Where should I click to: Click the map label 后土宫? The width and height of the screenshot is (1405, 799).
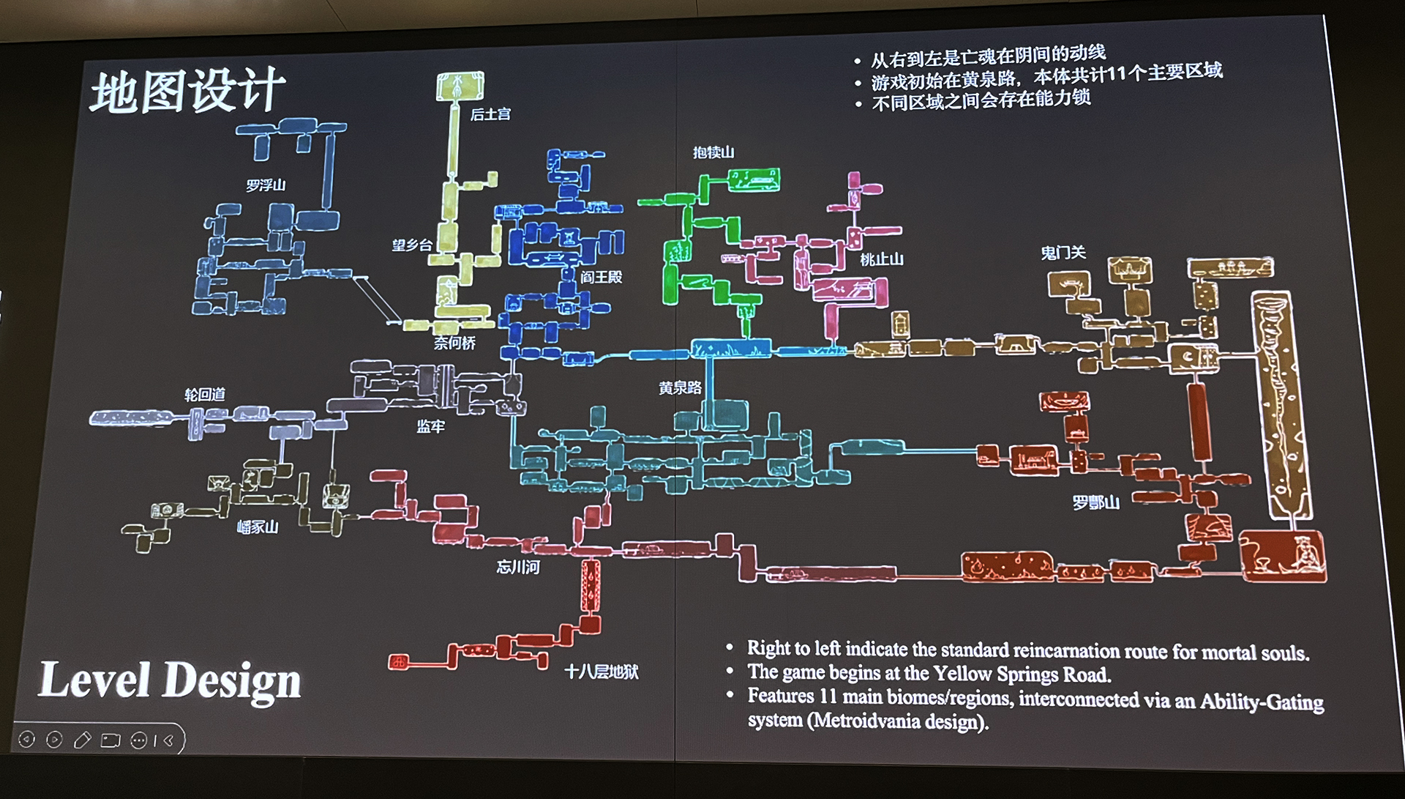click(490, 114)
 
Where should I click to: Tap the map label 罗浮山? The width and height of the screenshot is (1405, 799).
click(266, 185)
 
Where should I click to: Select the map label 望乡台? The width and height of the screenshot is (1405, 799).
click(411, 245)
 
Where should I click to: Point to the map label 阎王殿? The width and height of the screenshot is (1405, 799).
click(601, 277)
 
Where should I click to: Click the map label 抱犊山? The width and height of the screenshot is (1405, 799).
click(713, 152)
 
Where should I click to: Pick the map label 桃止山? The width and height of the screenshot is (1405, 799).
click(881, 259)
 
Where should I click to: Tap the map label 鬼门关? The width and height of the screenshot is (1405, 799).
click(1063, 253)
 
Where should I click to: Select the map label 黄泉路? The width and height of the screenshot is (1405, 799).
click(680, 388)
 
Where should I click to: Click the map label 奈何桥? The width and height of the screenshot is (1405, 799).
click(454, 343)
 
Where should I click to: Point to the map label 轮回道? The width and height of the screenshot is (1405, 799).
click(204, 395)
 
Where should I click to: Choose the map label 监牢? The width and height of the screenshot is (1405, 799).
click(430, 426)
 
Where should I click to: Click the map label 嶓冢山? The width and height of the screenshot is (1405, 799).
click(258, 527)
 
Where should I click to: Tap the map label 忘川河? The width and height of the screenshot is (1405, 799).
click(518, 567)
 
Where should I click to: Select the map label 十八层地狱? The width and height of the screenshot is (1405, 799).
click(601, 672)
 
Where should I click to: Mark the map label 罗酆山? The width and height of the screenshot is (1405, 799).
click(1095, 502)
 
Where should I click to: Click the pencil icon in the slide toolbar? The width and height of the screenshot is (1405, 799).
click(82, 740)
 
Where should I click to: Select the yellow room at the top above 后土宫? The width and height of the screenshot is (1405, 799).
click(460, 86)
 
